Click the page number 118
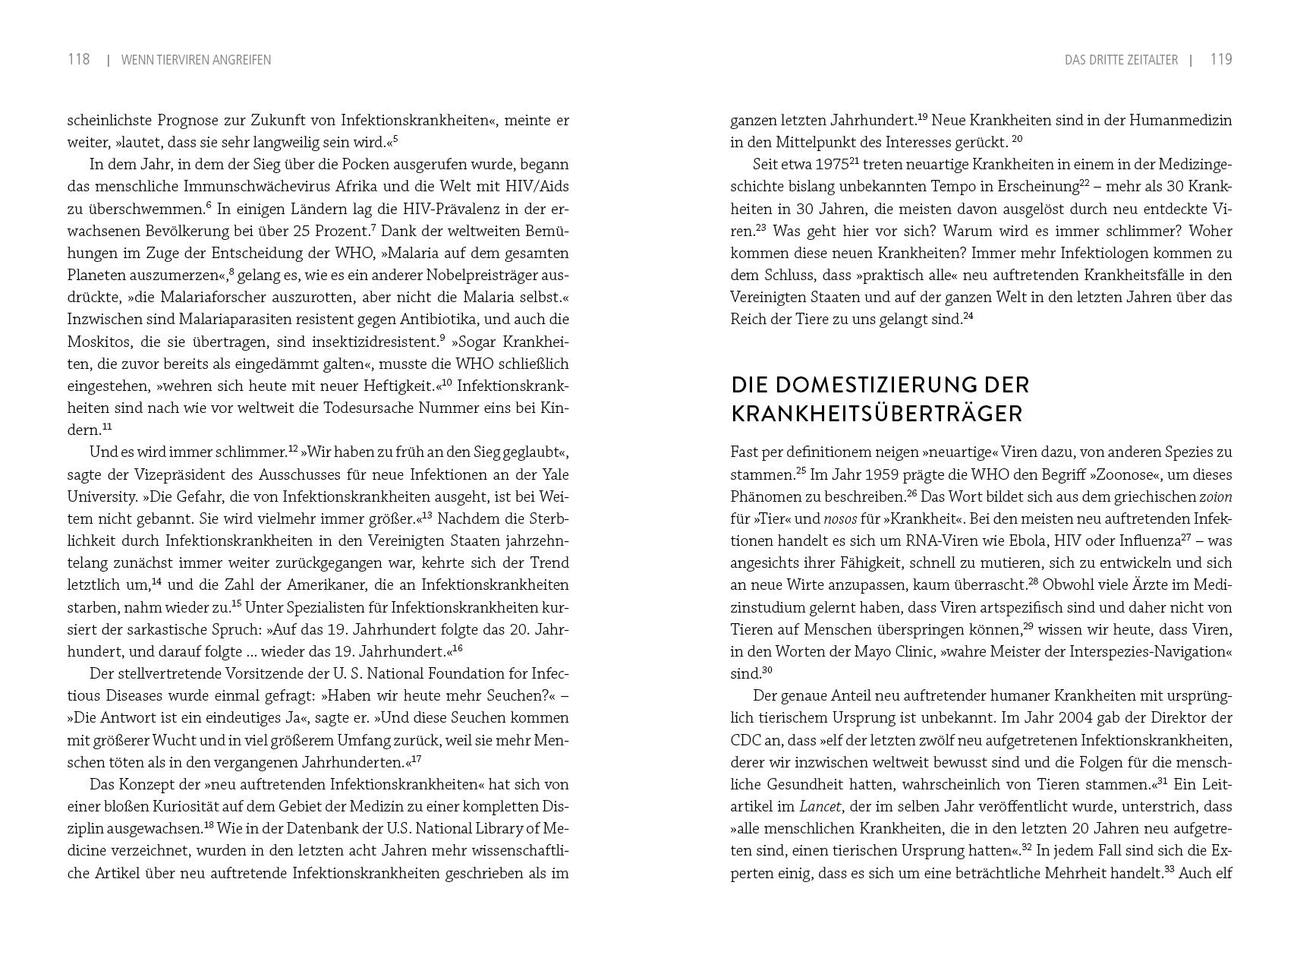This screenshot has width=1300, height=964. point(79,59)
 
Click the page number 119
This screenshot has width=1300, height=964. point(1220,59)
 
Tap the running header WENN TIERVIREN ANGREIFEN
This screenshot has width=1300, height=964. point(196,60)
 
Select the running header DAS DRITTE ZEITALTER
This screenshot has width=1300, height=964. point(1121,60)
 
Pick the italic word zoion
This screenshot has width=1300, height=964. point(1215,497)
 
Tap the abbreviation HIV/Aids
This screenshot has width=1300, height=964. point(540,187)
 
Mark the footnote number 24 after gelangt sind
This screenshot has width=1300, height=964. point(968,316)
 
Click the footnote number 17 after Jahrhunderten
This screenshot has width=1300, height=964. point(416,758)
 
